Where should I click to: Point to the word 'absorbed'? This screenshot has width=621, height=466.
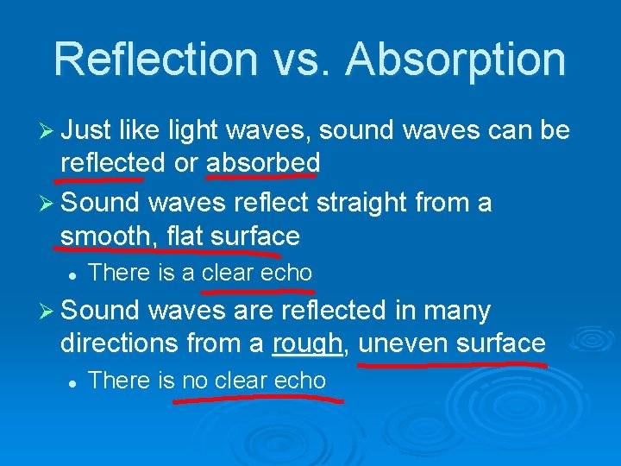click(263, 161)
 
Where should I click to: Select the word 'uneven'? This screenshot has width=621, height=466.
click(400, 343)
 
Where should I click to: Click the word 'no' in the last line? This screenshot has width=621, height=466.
click(196, 381)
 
